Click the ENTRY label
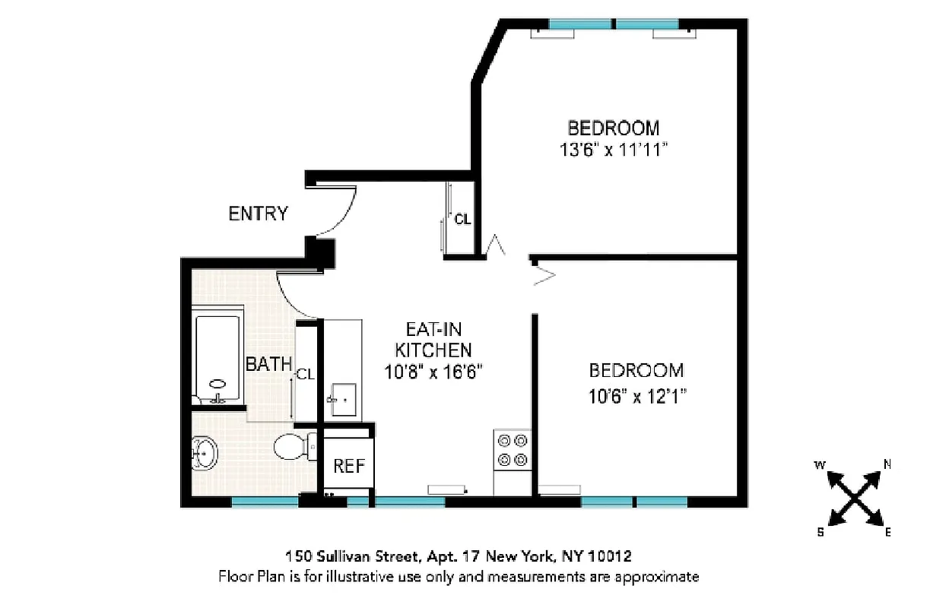coord(259,214)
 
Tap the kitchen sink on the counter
coord(343,397)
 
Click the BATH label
coord(268,365)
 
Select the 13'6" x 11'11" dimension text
coord(614,150)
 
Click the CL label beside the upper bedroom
coord(462,220)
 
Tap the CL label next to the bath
coord(306,374)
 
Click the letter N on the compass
coord(887,464)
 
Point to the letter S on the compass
coord(820,532)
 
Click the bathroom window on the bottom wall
coord(265,502)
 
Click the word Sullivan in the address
coord(338,556)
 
